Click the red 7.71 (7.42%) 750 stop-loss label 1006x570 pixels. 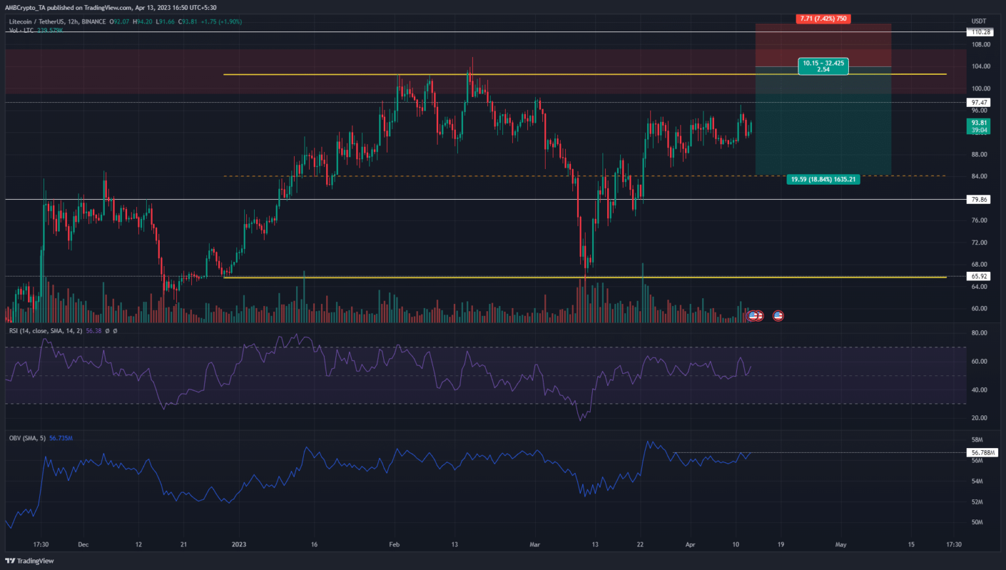click(823, 19)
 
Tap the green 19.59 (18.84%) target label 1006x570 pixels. click(823, 179)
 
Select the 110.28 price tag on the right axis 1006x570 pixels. click(980, 32)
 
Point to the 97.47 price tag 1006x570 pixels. click(980, 103)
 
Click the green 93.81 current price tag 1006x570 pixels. click(979, 126)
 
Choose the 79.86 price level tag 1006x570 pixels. click(980, 200)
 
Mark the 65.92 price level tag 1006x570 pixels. click(980, 276)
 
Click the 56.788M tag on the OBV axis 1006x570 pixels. click(982, 453)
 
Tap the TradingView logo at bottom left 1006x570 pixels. click(29, 561)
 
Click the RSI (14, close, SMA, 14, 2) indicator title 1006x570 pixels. click(46, 331)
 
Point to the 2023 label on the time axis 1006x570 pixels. click(239, 544)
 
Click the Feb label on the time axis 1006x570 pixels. click(394, 544)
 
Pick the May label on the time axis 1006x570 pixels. click(841, 544)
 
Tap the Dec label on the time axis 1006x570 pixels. click(83, 544)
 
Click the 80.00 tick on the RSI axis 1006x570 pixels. click(979, 333)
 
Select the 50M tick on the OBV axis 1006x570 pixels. click(977, 522)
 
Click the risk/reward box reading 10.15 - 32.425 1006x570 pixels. click(823, 66)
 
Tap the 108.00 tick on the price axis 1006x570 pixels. click(980, 45)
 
